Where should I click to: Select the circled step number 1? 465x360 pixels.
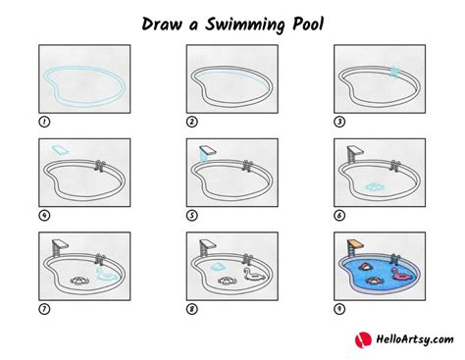44,122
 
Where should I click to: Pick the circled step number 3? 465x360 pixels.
338,122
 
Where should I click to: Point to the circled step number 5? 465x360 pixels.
192,215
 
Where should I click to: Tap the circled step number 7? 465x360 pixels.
44,308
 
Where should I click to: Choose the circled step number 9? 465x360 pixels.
338,308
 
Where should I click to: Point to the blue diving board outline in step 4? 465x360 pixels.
59,148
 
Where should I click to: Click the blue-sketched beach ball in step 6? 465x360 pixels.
374,185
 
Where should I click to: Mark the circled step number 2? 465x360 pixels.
192,122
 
